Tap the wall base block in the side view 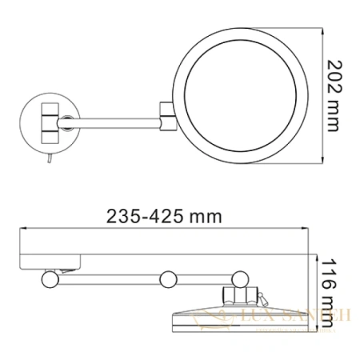click(52, 257)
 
